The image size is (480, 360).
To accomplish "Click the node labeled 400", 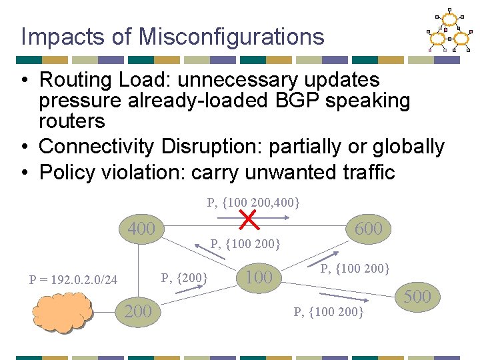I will [x=141, y=229].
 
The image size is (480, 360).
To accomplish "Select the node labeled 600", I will [x=369, y=229].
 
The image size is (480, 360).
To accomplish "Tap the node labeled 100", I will [x=259, y=277].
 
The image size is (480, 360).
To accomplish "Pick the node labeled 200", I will [x=138, y=311].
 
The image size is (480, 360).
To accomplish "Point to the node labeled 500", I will [x=418, y=296].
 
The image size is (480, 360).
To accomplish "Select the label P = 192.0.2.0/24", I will [x=73, y=280].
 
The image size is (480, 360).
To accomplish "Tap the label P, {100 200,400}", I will [x=253, y=201].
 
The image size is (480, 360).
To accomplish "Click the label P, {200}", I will [x=185, y=277].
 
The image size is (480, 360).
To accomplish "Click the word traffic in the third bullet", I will [x=365, y=172].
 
